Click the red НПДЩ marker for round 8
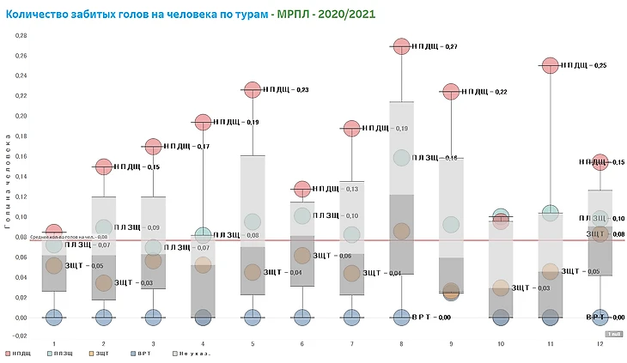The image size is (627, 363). (x=402, y=46)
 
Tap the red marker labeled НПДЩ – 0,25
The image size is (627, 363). (x=551, y=64)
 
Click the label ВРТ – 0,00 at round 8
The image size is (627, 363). (x=432, y=318)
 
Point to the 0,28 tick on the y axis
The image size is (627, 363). (x=21, y=35)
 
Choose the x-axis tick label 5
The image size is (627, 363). (x=253, y=343)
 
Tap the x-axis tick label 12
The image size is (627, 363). (x=600, y=343)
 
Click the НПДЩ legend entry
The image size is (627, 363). (x=25, y=353)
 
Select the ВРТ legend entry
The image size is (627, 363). (x=150, y=353)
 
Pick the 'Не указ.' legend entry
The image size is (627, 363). (x=193, y=353)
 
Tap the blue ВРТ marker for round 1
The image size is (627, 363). (x=54, y=317)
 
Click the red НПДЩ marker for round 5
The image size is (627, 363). (x=253, y=89)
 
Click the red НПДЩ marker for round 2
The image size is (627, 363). (x=104, y=166)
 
